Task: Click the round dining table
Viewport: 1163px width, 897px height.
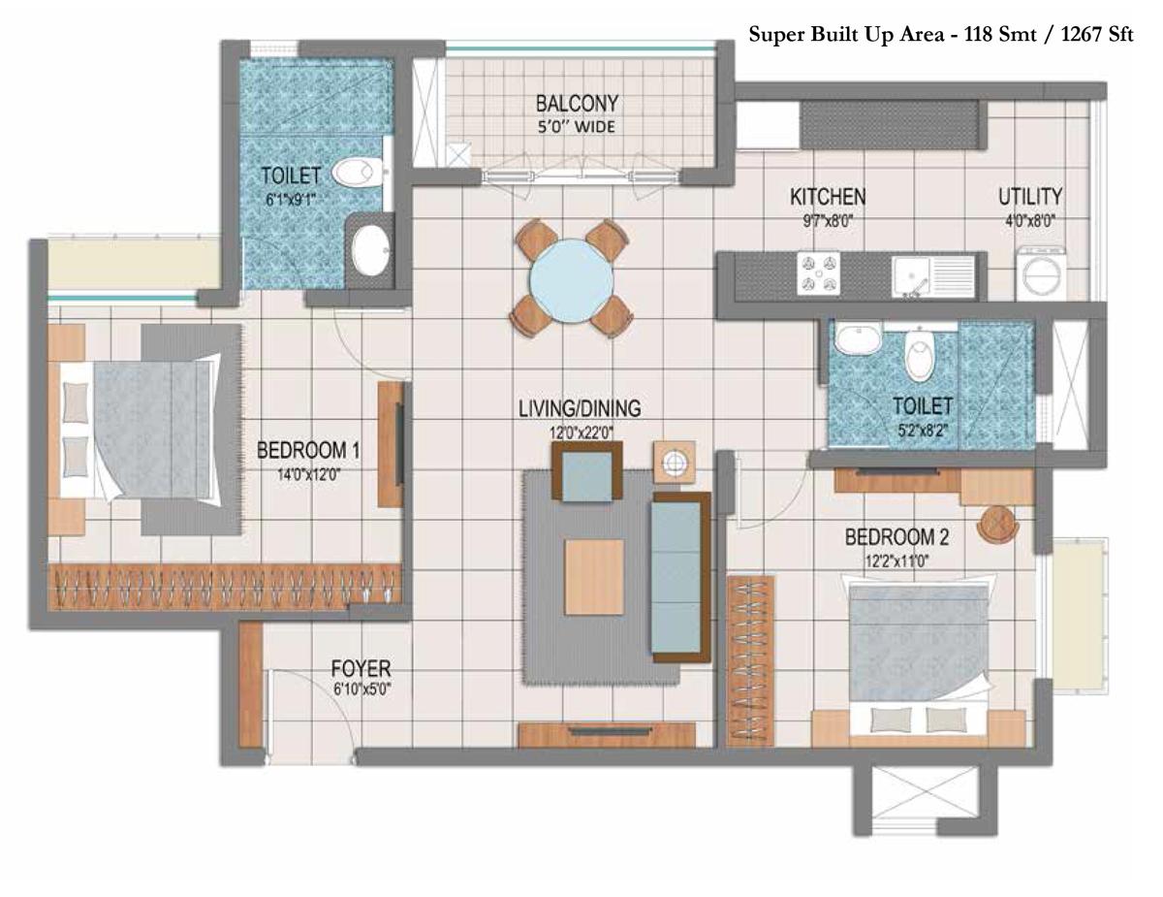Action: click(x=572, y=280)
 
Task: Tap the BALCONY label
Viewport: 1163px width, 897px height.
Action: click(x=577, y=104)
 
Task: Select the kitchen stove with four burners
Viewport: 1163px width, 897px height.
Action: click(x=818, y=273)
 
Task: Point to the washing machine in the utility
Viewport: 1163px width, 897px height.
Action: click(x=1041, y=273)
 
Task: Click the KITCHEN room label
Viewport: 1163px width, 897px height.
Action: click(x=828, y=197)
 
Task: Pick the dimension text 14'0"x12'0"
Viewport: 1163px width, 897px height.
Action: click(x=309, y=474)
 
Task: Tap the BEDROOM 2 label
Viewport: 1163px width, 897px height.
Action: click(x=897, y=536)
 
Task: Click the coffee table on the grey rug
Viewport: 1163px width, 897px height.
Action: click(x=594, y=577)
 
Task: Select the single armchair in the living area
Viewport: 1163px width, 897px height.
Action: click(x=587, y=472)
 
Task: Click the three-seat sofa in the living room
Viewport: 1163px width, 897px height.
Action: click(x=680, y=577)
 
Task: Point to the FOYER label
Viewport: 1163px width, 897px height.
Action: click(x=361, y=669)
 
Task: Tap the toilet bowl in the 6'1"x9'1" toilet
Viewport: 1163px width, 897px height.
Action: click(x=357, y=173)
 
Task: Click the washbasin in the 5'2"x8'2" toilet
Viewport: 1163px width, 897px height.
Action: click(x=859, y=338)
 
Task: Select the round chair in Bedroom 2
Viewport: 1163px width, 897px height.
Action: click(x=997, y=524)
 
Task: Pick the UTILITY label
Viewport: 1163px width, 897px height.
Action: click(x=1030, y=197)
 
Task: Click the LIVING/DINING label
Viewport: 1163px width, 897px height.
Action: click(x=580, y=408)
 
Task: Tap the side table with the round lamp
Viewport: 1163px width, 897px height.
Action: click(x=675, y=462)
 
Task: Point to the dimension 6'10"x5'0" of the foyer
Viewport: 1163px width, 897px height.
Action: click(x=361, y=689)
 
